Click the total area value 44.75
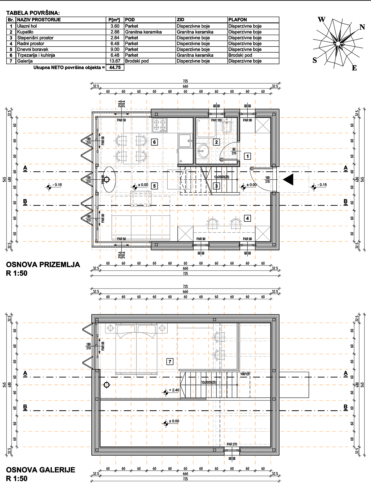pos(115,67)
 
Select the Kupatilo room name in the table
pos(25,32)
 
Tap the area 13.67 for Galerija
pos(115,61)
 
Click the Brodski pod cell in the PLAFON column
pos(240,55)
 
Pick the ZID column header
pos(180,20)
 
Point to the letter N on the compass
pos(362,27)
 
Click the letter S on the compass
pos(315,60)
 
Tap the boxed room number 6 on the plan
pos(155,142)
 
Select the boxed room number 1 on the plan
pos(248,156)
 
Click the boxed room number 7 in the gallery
pos(170,362)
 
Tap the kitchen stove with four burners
pos(160,125)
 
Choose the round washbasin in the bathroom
pos(203,151)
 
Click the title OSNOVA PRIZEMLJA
pos(43,265)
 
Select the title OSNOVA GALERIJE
pos(41,470)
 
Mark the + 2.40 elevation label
pos(174,390)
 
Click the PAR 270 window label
pos(232,444)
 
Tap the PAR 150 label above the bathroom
pos(216,120)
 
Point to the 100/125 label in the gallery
pos(245,374)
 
